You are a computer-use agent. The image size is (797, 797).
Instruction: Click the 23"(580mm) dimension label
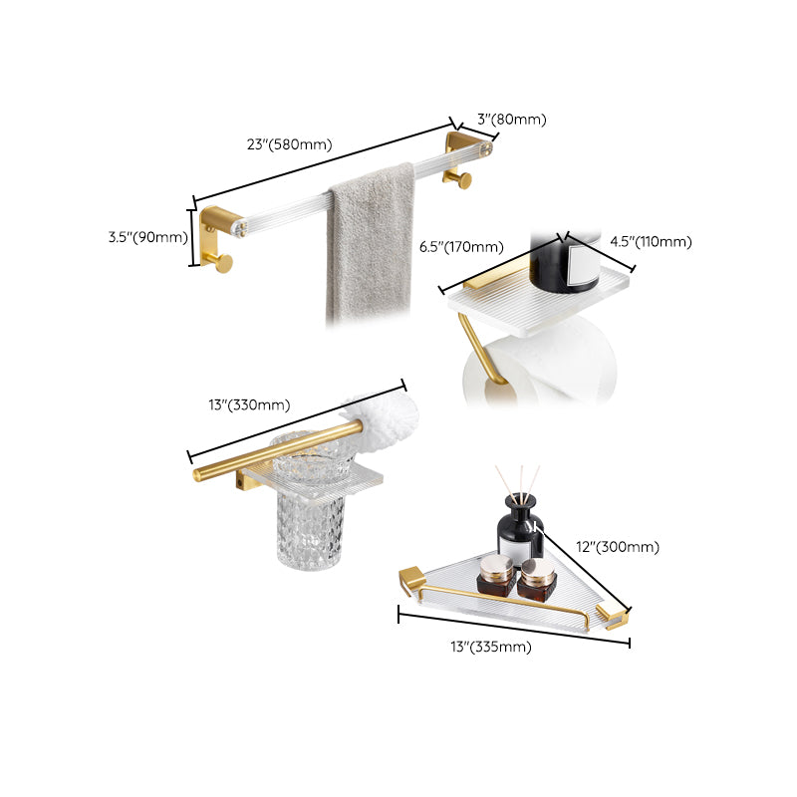[289, 144]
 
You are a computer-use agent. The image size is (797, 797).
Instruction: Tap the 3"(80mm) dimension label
[511, 120]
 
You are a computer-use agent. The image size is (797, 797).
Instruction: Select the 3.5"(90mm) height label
[147, 237]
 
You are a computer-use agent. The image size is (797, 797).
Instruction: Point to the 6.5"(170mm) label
[461, 246]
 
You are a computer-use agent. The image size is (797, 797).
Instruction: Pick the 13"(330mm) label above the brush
[248, 404]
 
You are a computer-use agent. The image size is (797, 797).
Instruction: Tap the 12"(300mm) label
[617, 547]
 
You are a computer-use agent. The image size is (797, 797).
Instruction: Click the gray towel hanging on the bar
[370, 244]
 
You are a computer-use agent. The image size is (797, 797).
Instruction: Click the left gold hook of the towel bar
[220, 262]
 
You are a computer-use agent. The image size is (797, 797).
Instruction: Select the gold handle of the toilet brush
[269, 453]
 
